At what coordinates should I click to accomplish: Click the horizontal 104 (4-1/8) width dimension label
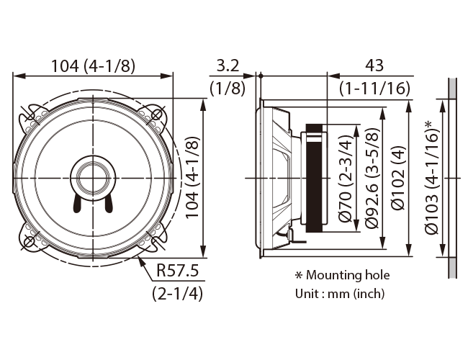[x=93, y=66]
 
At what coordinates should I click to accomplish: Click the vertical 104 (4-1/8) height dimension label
[x=192, y=178]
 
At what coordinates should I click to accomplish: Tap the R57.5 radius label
[x=178, y=271]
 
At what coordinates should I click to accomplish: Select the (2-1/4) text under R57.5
[x=178, y=294]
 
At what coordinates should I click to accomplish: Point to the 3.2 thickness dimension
[x=228, y=66]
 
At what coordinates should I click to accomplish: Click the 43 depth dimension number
[x=374, y=65]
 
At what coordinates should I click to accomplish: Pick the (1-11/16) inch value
[x=375, y=88]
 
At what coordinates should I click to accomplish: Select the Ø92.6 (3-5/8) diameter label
[x=372, y=179]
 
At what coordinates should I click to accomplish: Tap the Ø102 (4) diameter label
[x=398, y=179]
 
